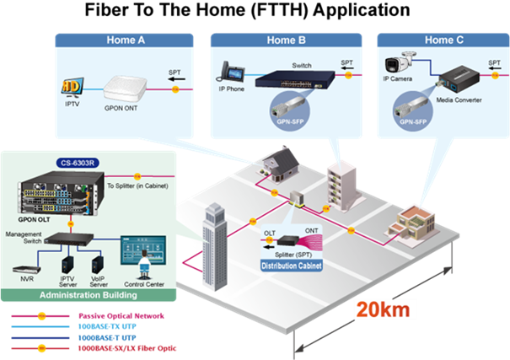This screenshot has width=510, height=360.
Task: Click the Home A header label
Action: pyautogui.click(x=126, y=40)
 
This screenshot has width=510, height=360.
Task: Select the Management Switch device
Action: pyautogui.click(x=74, y=239)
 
